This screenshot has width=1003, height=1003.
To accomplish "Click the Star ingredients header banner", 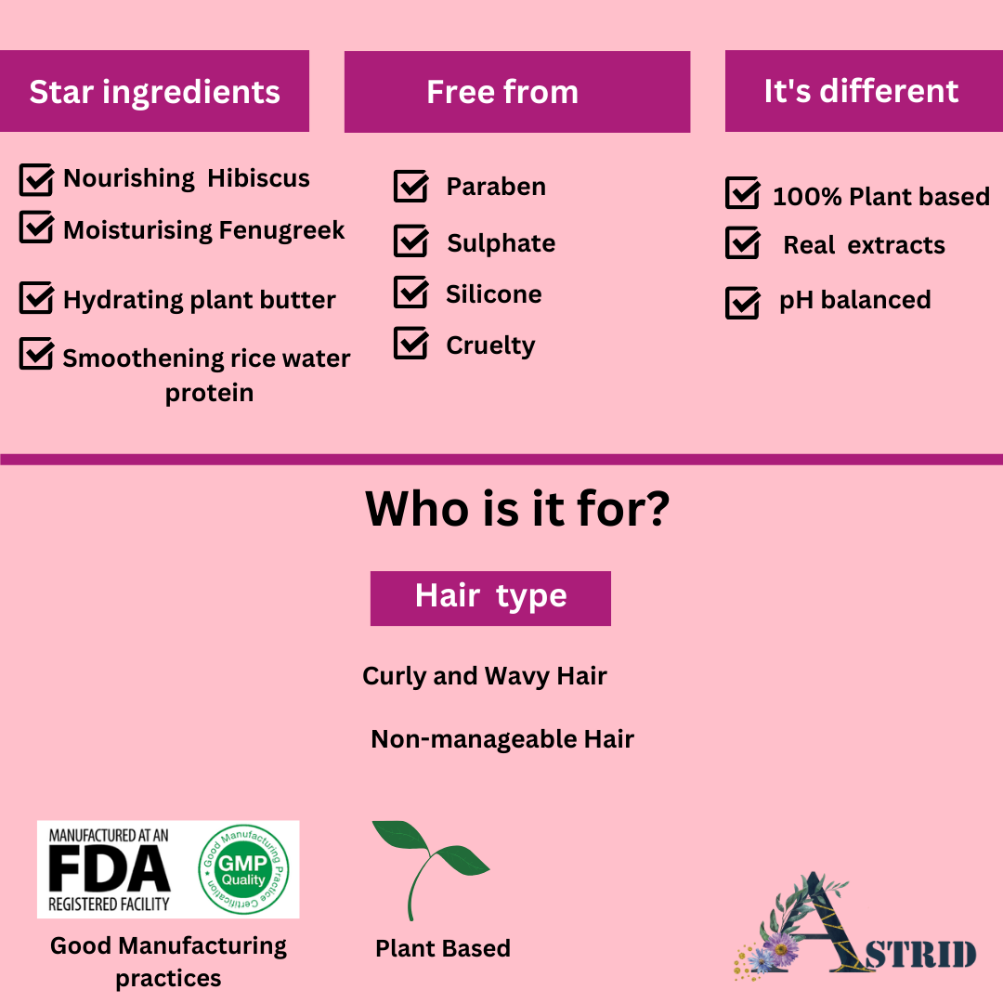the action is pos(154,91).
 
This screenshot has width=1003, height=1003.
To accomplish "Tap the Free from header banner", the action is pos(517,91).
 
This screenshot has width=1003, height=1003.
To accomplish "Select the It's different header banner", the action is pos(864,91).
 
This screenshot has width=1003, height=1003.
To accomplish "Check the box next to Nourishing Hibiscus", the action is pos(36,179).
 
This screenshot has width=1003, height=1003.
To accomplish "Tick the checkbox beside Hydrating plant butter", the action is pos(36,297).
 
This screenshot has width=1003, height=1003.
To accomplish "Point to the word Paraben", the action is pos(496,187).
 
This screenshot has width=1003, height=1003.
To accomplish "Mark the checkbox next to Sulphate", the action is pos(410,241).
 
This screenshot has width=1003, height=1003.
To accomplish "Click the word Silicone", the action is pos(494,294).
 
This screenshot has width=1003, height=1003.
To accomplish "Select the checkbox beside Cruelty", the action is pos(410,343).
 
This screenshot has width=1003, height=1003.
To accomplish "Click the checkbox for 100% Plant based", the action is pos(743,192).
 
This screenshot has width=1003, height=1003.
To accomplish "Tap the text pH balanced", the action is pos(854,300).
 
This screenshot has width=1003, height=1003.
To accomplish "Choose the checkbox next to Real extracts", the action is pos(743,242).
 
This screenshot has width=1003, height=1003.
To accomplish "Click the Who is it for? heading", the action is pos(517,509).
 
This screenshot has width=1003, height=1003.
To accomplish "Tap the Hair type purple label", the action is pos(490,598).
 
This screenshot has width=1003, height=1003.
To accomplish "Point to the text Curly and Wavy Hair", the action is pos(484,676).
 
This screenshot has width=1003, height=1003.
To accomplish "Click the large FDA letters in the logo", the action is pos(110,868).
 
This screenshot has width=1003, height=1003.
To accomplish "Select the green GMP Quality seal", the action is pos(243,869).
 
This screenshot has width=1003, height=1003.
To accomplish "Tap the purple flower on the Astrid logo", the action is pos(781,948).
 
